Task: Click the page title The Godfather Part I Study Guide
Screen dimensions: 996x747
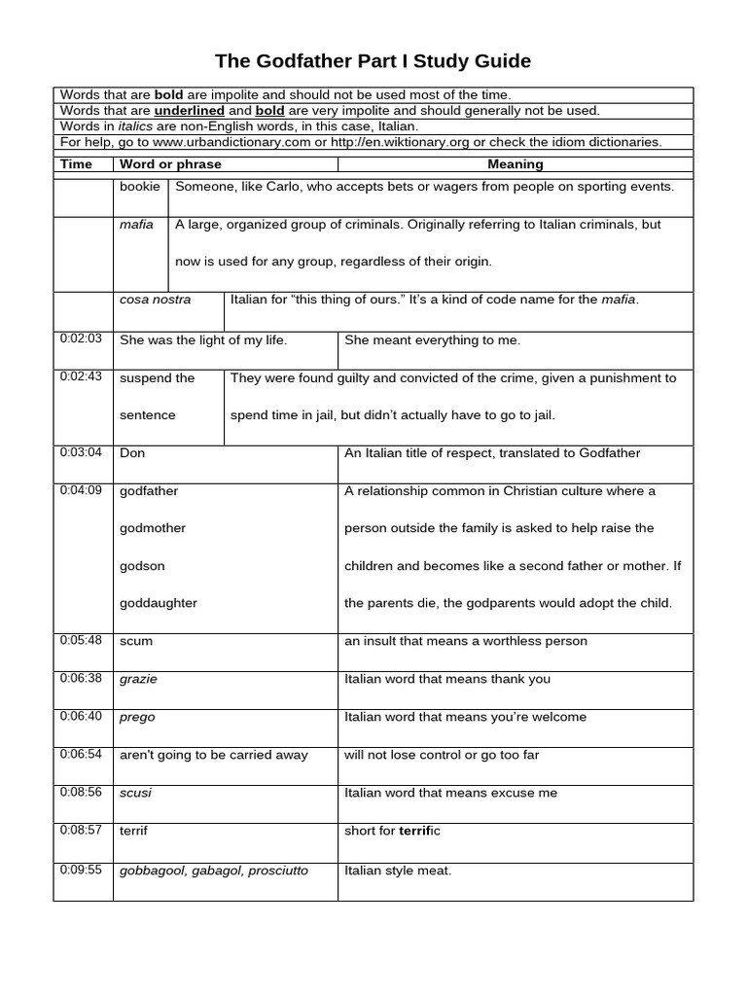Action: point(373,61)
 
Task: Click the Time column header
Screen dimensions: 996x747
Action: point(76,164)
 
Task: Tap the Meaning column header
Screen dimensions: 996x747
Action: point(515,164)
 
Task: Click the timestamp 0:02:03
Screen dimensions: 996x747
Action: point(81,338)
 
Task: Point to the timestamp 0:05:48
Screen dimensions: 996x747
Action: point(81,640)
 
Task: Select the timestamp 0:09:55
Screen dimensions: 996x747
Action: point(81,870)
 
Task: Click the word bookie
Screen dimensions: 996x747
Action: point(138,187)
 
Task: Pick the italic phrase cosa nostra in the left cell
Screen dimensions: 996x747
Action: point(156,300)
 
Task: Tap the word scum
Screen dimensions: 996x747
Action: point(136,642)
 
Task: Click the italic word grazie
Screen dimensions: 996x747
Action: point(138,680)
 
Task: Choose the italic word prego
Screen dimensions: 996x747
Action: point(137,718)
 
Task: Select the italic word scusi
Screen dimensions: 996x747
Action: point(135,794)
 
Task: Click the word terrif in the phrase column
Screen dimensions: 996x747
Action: point(134,832)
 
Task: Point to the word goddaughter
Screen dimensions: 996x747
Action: point(159,603)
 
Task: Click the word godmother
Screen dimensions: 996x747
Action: point(153,528)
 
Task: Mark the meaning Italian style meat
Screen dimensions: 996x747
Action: point(398,871)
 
